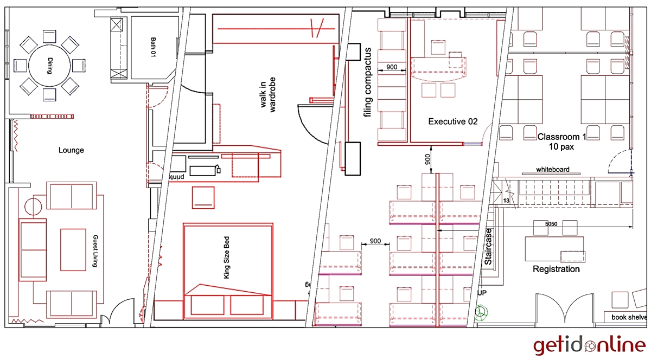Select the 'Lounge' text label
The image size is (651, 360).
(71, 150)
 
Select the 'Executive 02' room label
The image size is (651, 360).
(452, 121)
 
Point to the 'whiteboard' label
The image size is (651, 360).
(552, 169)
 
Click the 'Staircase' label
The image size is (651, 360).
(488, 247)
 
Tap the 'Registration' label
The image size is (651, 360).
(556, 269)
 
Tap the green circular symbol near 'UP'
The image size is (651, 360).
(480, 312)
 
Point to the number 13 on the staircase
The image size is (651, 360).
(506, 201)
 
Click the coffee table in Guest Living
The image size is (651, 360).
(73, 249)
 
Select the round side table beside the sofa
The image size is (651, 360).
(33, 207)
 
